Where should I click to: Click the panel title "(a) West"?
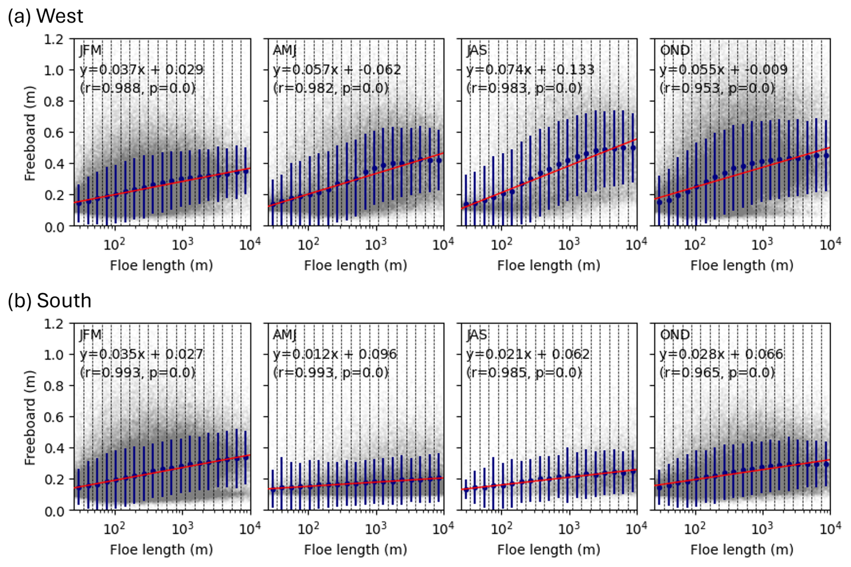(45, 16)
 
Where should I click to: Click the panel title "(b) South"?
(49, 301)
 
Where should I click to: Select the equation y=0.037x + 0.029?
(142, 70)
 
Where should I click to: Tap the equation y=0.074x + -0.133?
(530, 70)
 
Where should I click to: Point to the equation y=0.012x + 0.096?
(335, 354)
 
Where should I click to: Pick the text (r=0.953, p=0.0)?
(717, 88)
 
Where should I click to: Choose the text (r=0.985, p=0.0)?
(524, 372)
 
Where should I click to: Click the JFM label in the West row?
(90, 50)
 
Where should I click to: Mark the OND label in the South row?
(675, 335)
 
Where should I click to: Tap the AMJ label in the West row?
(284, 50)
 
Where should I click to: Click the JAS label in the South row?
(477, 335)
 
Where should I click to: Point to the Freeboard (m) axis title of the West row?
(30, 133)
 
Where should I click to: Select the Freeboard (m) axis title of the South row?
(30, 417)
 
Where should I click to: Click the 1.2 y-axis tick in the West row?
(54, 40)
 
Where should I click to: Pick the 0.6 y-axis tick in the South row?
(54, 417)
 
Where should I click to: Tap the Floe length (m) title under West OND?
(742, 266)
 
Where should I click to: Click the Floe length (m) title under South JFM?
(161, 549)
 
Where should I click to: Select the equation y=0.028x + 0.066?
(721, 354)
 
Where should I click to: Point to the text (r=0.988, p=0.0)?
(138, 88)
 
